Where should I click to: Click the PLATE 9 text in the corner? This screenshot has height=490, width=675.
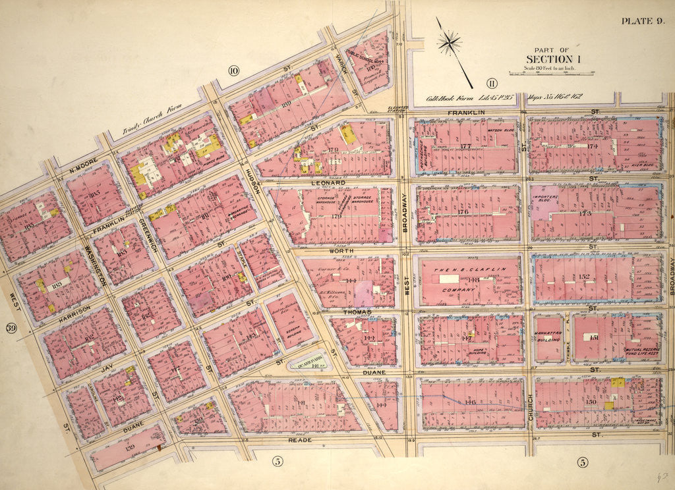pos(642,21)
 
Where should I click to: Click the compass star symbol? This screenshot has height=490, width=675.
pos(449,43)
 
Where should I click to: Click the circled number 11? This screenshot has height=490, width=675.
pos(490,82)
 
